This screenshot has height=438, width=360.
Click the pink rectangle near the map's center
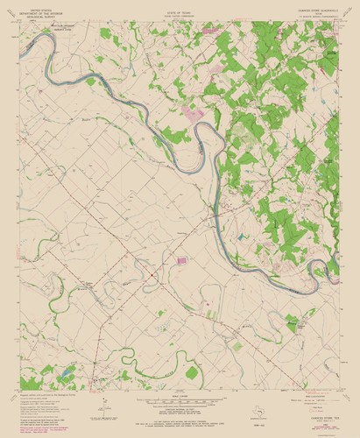182,259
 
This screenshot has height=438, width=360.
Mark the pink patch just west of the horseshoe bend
194,114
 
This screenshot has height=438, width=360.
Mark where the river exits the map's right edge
337,259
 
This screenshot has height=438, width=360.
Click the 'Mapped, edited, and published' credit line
44,393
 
